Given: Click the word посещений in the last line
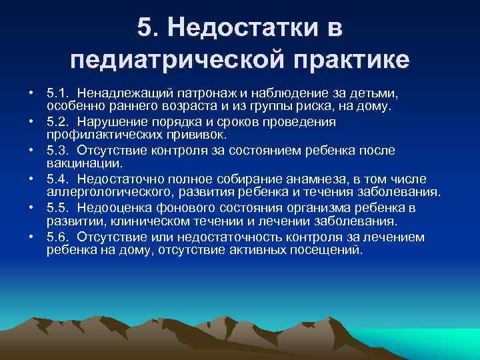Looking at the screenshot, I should point(329,250).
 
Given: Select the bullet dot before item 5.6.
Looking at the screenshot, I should point(31,238).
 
